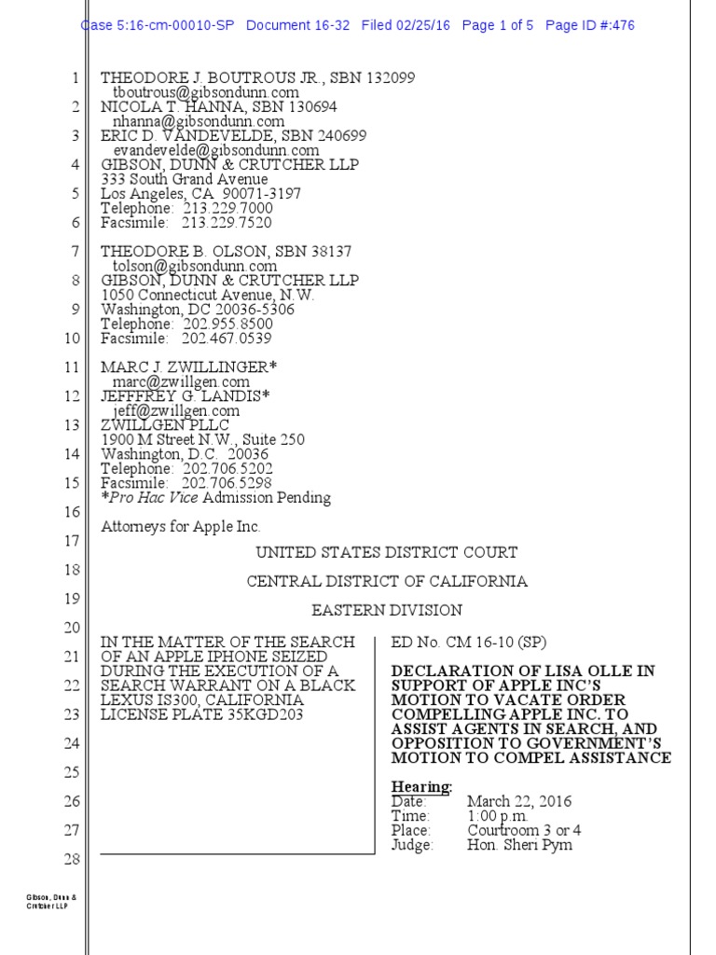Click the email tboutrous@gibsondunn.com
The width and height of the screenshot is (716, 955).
tap(206, 92)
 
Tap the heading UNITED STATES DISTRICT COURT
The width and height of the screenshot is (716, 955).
tap(387, 552)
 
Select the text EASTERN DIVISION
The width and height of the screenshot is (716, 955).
tap(387, 610)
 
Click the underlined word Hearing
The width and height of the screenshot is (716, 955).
tap(421, 786)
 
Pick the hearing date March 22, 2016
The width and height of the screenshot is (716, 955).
tap(519, 801)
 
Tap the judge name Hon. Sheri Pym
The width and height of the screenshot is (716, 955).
tap(519, 845)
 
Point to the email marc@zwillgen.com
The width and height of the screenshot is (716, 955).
tap(181, 381)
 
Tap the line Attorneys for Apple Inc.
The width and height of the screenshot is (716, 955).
tap(181, 526)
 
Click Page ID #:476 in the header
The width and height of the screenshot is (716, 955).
tap(590, 25)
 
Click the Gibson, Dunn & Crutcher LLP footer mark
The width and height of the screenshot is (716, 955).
tap(51, 903)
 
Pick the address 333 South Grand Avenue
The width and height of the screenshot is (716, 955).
tap(185, 179)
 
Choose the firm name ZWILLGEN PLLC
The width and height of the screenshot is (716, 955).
tap(164, 425)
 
